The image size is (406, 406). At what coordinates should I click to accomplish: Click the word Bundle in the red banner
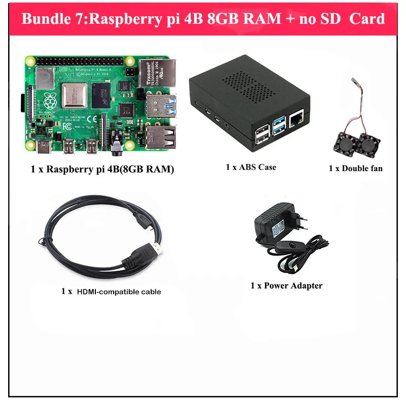coord(44,19)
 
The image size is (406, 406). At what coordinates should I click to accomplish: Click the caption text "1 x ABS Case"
coord(251,166)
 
